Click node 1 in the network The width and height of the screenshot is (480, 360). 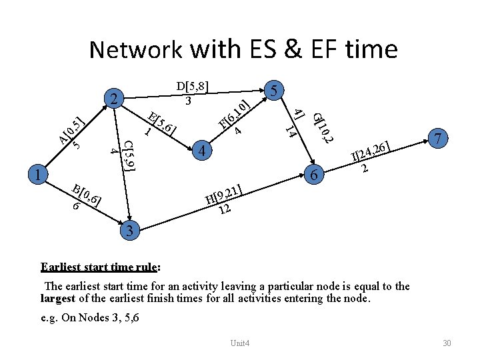39,175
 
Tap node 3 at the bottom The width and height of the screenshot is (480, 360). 131,231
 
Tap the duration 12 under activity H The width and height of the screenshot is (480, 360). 225,209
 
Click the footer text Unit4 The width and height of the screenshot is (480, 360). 239,343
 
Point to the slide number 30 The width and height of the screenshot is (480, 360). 447,343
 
